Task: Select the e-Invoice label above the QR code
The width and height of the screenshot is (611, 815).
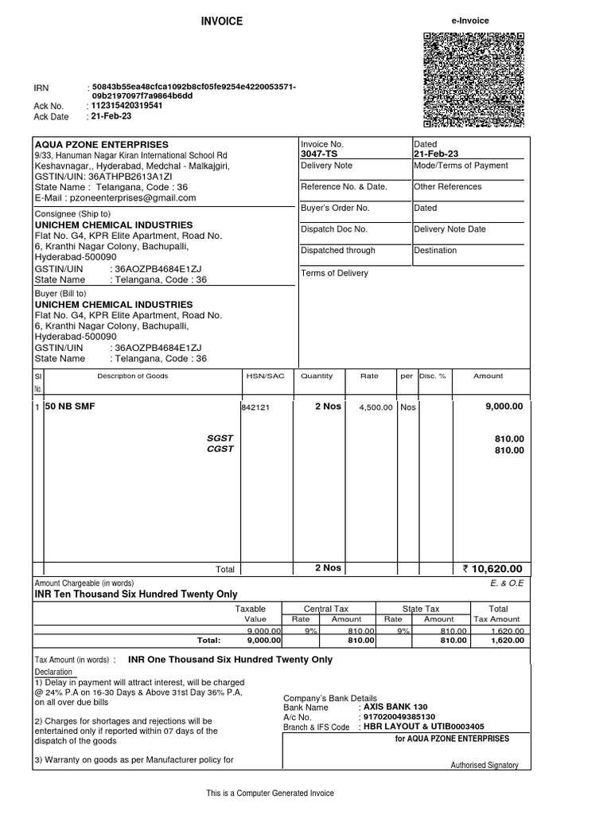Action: [x=470, y=21]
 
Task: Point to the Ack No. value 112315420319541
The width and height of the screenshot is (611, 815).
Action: [x=127, y=106]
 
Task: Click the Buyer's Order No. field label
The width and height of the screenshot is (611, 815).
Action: [x=335, y=208]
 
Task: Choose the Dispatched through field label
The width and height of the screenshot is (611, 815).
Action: [x=338, y=250]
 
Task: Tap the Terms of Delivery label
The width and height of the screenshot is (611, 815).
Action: [x=334, y=273]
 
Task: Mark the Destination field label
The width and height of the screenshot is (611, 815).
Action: [x=435, y=250]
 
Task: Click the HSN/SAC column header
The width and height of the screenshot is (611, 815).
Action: [x=265, y=376]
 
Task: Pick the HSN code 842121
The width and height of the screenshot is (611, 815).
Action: [x=255, y=407]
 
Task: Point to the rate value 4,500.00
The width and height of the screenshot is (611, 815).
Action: [x=376, y=407]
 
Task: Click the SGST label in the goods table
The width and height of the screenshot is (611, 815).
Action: [x=220, y=439]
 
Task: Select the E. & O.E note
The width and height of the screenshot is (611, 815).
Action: [x=508, y=583]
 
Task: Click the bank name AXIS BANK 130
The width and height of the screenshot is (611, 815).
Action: [x=395, y=707]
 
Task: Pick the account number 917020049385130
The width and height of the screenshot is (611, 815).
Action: [x=399, y=716]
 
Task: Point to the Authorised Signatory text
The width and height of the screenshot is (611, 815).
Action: [x=485, y=765]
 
